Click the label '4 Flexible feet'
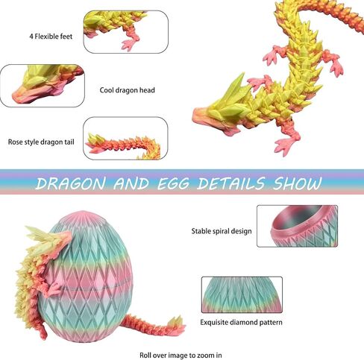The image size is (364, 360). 51,37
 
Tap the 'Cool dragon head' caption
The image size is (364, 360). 127,90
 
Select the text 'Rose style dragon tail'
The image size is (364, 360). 41,142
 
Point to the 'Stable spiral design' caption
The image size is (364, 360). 222,231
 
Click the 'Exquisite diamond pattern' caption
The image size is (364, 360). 241,322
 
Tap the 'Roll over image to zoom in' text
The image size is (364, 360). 181,355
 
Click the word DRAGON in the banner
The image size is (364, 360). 70,183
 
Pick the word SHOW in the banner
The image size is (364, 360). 297,183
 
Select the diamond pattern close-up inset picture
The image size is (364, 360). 242,294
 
